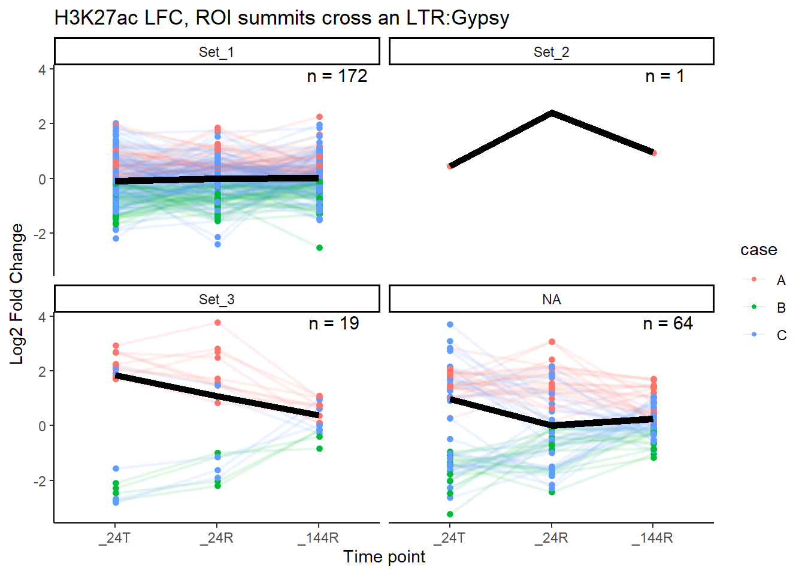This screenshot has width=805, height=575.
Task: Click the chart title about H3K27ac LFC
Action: (x=282, y=18)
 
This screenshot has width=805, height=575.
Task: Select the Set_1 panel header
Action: (x=216, y=52)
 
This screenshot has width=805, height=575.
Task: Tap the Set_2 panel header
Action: (x=551, y=52)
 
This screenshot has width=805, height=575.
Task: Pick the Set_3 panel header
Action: (x=216, y=299)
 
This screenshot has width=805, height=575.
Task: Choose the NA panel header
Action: (x=551, y=299)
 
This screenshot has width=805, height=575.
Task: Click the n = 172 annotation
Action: (x=337, y=76)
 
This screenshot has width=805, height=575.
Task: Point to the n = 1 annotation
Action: (x=664, y=76)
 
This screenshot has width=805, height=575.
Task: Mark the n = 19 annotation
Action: (x=334, y=323)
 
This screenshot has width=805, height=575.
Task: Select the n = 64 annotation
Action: (x=668, y=323)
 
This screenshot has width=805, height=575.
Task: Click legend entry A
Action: (x=781, y=280)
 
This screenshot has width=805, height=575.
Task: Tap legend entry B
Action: (x=781, y=308)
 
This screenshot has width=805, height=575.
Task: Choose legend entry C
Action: (x=781, y=335)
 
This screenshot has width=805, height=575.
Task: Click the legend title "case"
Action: (x=758, y=250)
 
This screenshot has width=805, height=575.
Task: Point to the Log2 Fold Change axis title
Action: (x=17, y=293)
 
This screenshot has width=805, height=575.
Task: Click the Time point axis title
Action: (x=384, y=557)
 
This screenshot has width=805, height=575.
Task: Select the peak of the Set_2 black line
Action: (x=552, y=113)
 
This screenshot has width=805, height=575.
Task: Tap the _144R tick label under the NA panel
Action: (x=652, y=538)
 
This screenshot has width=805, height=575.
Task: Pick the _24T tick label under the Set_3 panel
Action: (x=115, y=538)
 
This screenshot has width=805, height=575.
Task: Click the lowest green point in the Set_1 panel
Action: (x=319, y=247)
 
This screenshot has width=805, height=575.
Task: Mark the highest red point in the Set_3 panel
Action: (x=217, y=322)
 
